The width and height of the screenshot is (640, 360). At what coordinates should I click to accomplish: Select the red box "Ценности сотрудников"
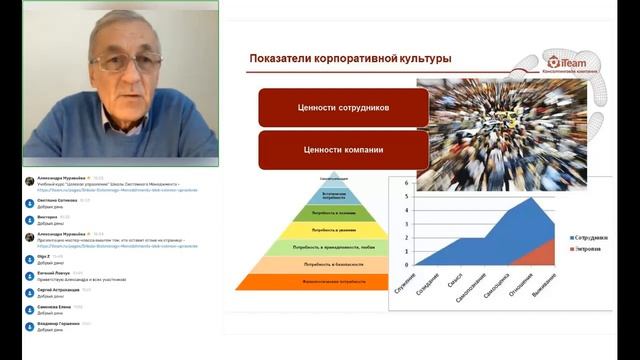343,107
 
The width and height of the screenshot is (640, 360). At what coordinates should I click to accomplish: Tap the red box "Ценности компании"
343,150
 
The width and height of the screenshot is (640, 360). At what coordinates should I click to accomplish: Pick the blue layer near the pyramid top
334,195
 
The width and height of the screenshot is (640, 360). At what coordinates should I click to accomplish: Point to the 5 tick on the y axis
406,197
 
